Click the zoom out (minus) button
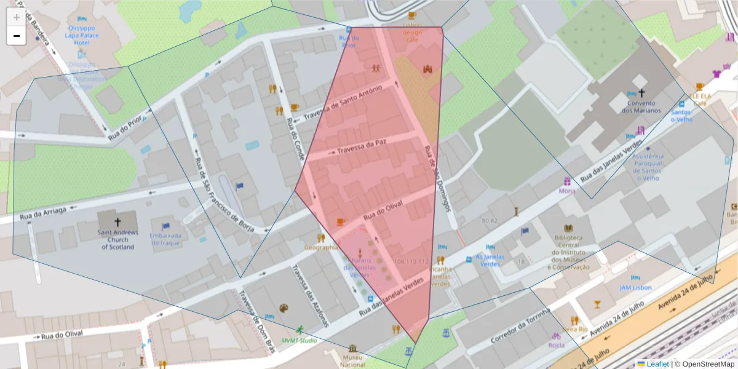click(17, 36)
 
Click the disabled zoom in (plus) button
click(17, 17)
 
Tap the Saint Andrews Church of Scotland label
click(117, 240)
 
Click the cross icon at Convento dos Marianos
click(641, 93)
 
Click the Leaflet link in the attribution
click(657, 364)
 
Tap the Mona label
click(567, 191)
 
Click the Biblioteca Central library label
click(568, 252)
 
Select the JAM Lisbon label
click(635, 287)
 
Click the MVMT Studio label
click(300, 340)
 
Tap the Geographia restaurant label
click(321, 247)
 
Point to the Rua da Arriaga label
click(43, 213)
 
